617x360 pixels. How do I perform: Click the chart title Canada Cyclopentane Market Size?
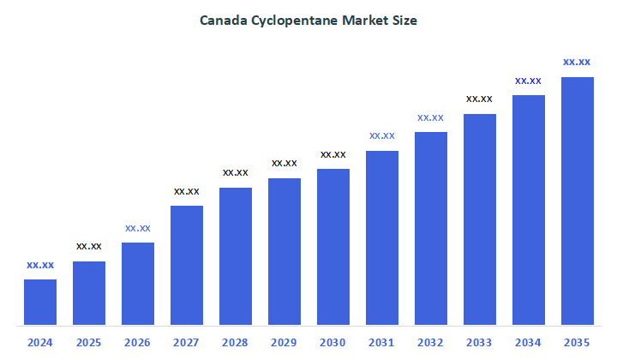tap(308, 20)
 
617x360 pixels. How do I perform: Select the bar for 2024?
tap(40, 302)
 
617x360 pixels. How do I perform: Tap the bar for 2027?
tap(187, 266)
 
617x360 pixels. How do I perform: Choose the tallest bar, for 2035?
tap(577, 201)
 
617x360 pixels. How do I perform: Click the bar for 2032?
tap(431, 229)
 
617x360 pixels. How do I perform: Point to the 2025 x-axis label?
tap(89, 343)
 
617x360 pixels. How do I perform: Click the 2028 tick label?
tap(236, 343)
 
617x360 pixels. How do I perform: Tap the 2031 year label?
tap(382, 343)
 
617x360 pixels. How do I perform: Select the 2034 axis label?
tap(528, 343)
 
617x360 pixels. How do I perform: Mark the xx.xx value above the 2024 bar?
tap(40, 265)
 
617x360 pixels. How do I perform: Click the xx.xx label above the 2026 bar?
tap(138, 228)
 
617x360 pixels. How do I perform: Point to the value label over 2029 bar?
tap(285, 163)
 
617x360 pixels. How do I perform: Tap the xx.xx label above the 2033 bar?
tap(479, 99)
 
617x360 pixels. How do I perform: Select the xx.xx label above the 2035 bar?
tap(577, 62)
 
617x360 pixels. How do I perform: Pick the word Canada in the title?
tap(222, 20)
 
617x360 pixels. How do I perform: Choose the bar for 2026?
tap(138, 284)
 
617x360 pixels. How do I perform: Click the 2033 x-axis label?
tap(479, 343)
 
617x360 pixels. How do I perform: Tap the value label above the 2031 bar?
tap(382, 135)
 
